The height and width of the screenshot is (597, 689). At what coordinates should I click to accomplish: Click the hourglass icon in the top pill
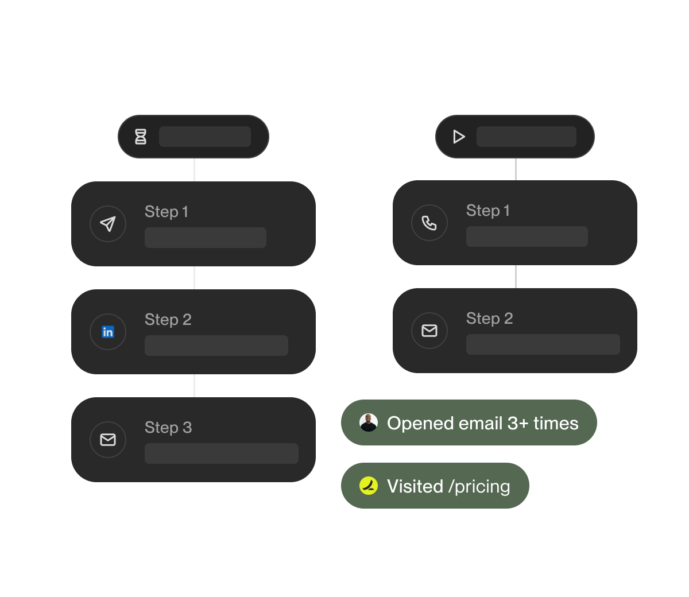pyautogui.click(x=141, y=137)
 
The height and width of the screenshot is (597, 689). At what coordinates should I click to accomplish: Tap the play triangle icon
pyautogui.click(x=459, y=137)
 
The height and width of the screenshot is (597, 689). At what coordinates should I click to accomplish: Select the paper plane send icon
pyautogui.click(x=108, y=224)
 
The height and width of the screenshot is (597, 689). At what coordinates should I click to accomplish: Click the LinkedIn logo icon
pyautogui.click(x=108, y=332)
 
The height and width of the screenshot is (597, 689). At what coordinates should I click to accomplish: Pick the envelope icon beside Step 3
pyautogui.click(x=108, y=440)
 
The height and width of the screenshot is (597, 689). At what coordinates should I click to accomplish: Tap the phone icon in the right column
pyautogui.click(x=429, y=223)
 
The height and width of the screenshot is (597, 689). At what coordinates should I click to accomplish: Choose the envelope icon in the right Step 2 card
pyautogui.click(x=429, y=331)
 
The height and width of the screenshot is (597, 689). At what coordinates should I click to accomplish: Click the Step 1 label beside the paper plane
pyautogui.click(x=167, y=212)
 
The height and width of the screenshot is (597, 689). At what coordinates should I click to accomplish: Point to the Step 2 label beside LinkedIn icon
pyautogui.click(x=168, y=320)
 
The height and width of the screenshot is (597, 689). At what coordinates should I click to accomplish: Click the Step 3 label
pyautogui.click(x=168, y=428)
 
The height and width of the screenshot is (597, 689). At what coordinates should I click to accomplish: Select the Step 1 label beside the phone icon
pyautogui.click(x=488, y=211)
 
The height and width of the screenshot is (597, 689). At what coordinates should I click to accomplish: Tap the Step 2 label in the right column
pyautogui.click(x=490, y=319)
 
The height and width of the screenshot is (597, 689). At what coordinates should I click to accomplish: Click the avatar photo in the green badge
pyautogui.click(x=369, y=422)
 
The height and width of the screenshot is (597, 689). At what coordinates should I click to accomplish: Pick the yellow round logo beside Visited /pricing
pyautogui.click(x=369, y=486)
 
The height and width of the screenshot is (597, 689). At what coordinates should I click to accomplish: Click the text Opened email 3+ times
pyautogui.click(x=482, y=423)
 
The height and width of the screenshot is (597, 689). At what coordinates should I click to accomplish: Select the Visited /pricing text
pyautogui.click(x=448, y=486)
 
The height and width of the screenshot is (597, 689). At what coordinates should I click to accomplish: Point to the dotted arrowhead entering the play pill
pyautogui.click(x=433, y=133)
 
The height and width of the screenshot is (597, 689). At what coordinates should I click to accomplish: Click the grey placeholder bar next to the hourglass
pyautogui.click(x=205, y=137)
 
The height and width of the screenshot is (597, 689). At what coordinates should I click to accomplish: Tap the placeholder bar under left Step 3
pyautogui.click(x=222, y=453)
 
